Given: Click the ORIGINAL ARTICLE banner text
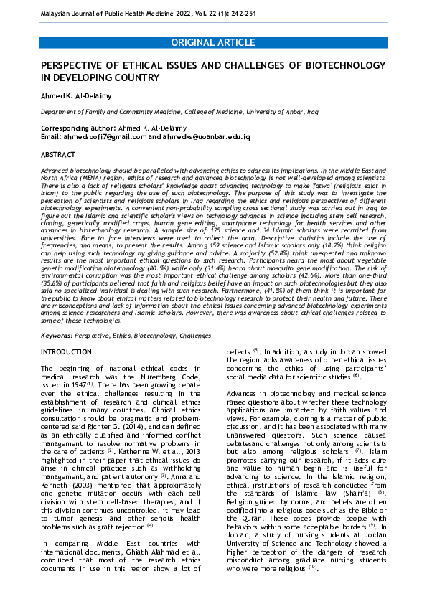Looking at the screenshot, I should pyautogui.click(x=213, y=43).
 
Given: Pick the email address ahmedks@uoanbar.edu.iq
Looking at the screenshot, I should pyautogui.click(x=214, y=136).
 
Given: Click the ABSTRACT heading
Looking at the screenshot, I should pyautogui.click(x=58, y=155).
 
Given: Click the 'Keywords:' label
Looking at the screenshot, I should pyautogui.click(x=57, y=336).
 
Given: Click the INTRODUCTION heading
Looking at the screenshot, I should pyautogui.click(x=66, y=352).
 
